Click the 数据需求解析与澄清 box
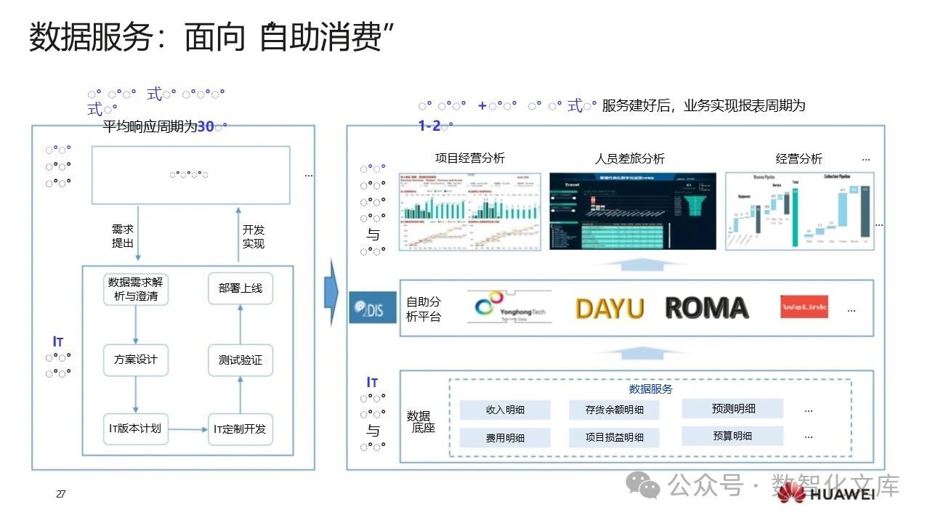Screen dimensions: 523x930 pyautogui.click(x=137, y=289)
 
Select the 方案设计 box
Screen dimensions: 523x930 pyautogui.click(x=136, y=360)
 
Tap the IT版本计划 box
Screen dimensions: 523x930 pyautogui.click(x=136, y=429)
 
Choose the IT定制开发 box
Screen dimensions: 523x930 pyautogui.click(x=240, y=429)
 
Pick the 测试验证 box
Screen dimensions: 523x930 pyautogui.click(x=240, y=360)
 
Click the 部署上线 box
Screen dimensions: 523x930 pyautogui.click(x=240, y=288)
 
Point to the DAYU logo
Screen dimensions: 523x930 pyautogui.click(x=610, y=309)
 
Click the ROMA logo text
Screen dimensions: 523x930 pyautogui.click(x=706, y=308)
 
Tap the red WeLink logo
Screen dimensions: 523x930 pyautogui.click(x=804, y=307)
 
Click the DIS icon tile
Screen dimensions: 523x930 pyautogui.click(x=373, y=307)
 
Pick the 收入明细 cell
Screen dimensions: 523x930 pyautogui.click(x=505, y=410)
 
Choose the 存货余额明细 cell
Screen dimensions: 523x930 pyautogui.click(x=615, y=410)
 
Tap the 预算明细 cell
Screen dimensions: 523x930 pyautogui.click(x=732, y=436)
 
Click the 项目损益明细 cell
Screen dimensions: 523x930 pyautogui.click(x=615, y=437)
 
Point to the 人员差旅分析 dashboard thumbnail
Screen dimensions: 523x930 pyautogui.click(x=632, y=211)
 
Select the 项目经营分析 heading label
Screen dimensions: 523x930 pyautogui.click(x=470, y=158)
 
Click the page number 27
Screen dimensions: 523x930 pyautogui.click(x=61, y=495)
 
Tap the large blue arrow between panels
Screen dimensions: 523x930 pyautogui.click(x=331, y=292)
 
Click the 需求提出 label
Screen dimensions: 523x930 pyautogui.click(x=123, y=237)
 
